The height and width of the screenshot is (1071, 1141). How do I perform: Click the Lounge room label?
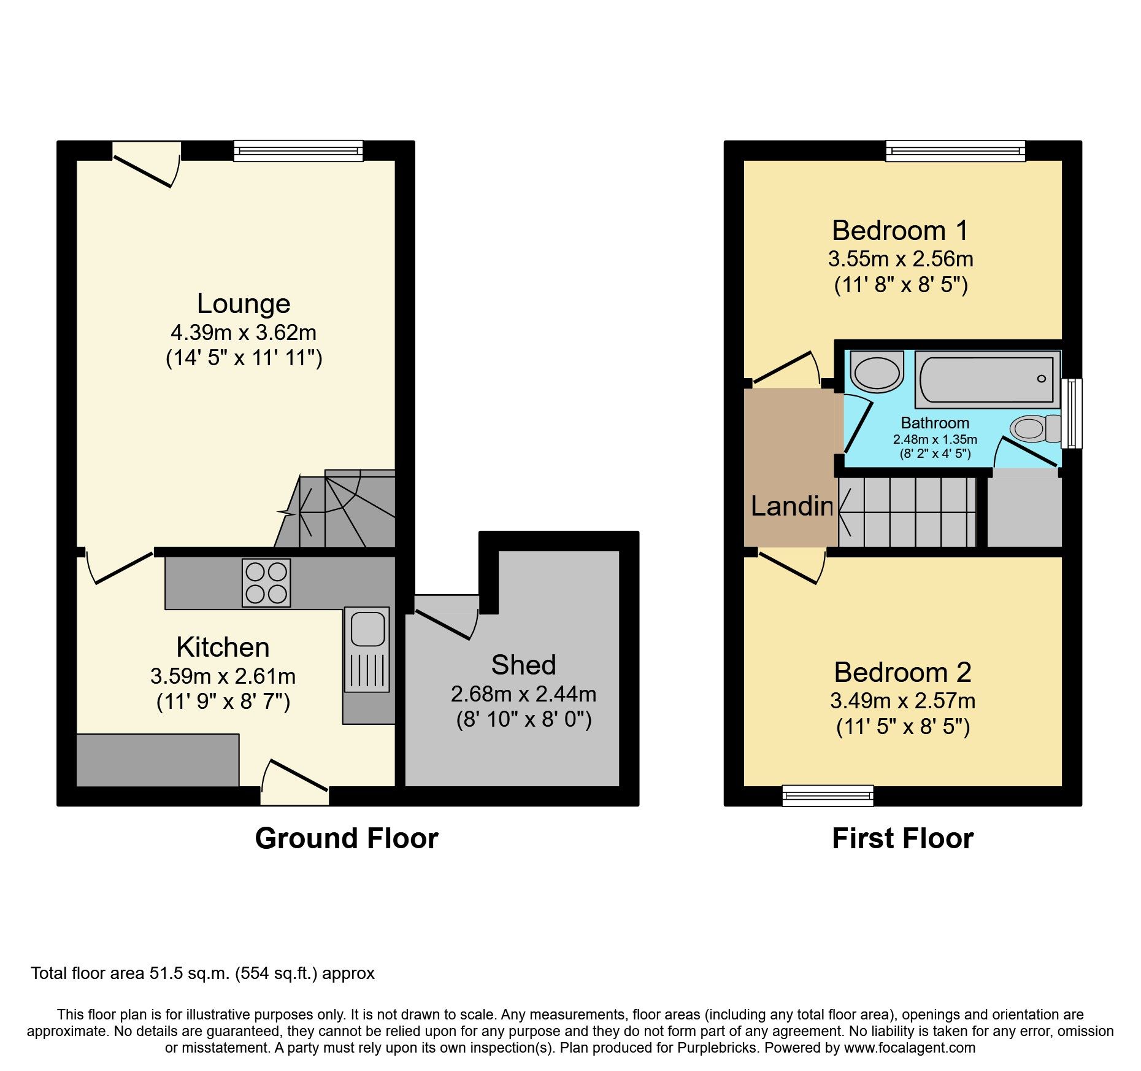[x=244, y=304]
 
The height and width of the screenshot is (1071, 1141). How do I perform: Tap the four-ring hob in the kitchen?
[x=266, y=582]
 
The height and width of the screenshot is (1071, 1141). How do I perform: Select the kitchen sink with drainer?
[x=367, y=649]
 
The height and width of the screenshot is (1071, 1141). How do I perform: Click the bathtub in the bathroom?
[x=987, y=379]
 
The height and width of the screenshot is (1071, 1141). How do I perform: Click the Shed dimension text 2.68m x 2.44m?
[x=523, y=694]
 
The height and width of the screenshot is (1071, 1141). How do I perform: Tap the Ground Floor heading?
[x=347, y=838]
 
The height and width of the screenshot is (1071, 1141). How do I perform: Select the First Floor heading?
[x=902, y=838]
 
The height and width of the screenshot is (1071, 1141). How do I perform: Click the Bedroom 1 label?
[x=900, y=231]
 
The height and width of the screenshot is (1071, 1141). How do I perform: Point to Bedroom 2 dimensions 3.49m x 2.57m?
[x=902, y=701]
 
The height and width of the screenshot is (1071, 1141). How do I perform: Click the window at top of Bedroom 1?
[x=955, y=150]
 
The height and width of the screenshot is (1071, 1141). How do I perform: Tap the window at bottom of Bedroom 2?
[x=828, y=795]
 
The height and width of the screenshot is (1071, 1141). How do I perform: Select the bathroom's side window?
[x=1072, y=413]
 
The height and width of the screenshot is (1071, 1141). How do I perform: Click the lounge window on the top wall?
[x=298, y=150]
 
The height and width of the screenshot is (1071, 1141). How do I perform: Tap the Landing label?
[x=792, y=506]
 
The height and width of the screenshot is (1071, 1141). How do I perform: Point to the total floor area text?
[x=202, y=973]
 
